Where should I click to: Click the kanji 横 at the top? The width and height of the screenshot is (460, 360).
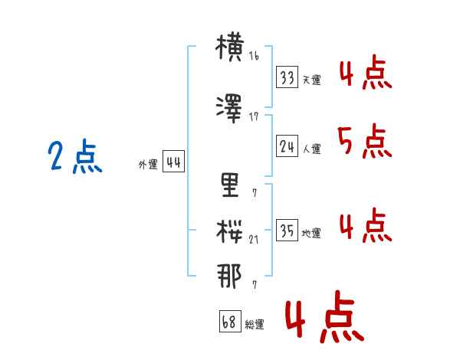pos(230,47)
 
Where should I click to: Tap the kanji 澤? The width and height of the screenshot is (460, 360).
pos(229,109)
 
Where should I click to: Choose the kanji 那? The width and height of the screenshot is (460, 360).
pos(229,277)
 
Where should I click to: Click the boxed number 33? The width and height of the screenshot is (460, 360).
pos(287,77)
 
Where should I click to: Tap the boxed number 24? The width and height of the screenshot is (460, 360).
pos(287,146)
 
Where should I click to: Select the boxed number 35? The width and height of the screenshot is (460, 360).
pos(287,230)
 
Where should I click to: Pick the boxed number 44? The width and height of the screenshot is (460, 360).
pos(174,162)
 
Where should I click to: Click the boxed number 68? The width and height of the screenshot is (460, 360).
pos(230,321)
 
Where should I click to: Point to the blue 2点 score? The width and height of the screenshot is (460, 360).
pos(75,156)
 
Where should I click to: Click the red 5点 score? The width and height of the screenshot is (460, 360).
pos(365,141)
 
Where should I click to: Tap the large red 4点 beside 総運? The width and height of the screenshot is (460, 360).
pos(325,317)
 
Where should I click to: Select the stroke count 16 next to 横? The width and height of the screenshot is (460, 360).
pos(254,56)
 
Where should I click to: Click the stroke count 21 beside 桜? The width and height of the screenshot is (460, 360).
pos(254,240)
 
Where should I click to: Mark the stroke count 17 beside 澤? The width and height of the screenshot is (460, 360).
pos(254,117)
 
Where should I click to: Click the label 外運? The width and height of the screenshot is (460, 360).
pos(148,165)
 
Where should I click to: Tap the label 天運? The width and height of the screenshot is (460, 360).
pos(312,80)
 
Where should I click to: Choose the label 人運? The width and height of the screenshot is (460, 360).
pos(312,149)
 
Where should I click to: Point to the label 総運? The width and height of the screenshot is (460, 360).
pos(255,324)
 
